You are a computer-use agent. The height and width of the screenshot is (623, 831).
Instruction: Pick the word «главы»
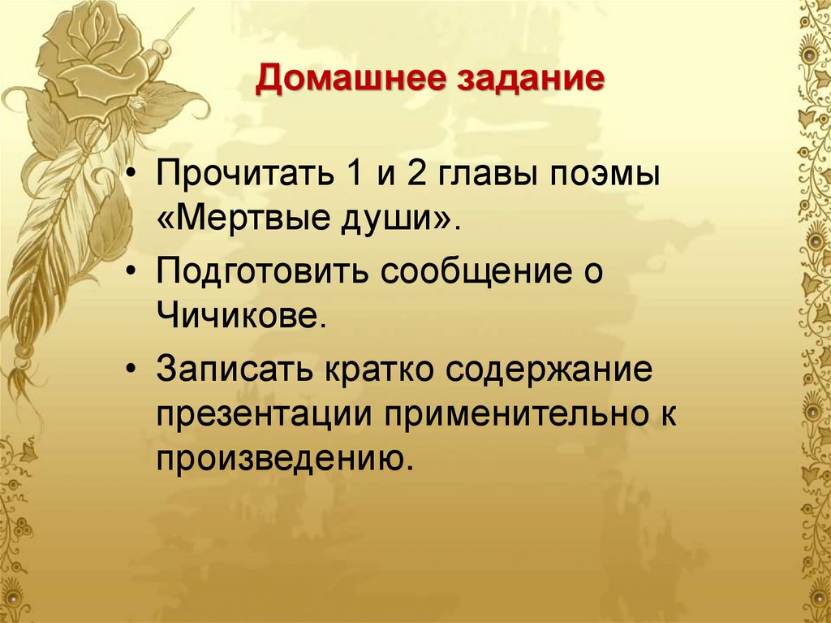click(x=489, y=177)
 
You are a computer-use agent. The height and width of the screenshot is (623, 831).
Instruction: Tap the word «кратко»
click(x=376, y=370)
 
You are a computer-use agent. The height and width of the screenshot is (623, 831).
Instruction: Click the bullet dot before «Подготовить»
click(x=132, y=270)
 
